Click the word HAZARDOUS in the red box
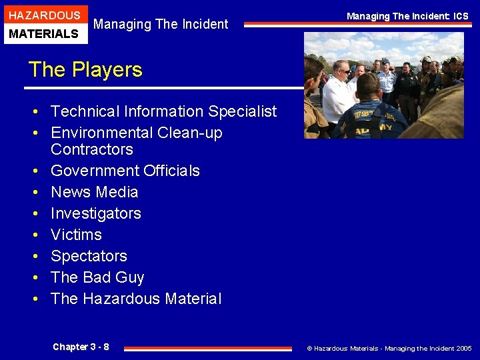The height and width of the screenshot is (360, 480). [43, 15]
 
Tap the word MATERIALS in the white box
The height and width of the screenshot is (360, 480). [43, 33]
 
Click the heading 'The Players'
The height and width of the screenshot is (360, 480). [85, 70]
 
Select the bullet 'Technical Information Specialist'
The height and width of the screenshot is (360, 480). [163, 111]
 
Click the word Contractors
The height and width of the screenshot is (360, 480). [92, 149]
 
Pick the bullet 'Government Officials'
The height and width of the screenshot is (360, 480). [125, 171]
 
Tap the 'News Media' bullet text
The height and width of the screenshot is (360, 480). [95, 192]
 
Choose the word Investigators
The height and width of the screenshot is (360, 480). [96, 213]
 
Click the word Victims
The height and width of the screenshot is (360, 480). [76, 235]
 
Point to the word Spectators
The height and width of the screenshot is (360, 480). [89, 256]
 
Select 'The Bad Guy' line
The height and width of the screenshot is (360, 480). [97, 277]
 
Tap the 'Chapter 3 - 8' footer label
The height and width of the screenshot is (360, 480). [81, 347]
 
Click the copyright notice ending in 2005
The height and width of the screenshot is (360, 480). [389, 348]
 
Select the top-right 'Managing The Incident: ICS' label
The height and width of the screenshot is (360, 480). [407, 16]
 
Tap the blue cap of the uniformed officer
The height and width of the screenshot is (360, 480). [385, 61]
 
